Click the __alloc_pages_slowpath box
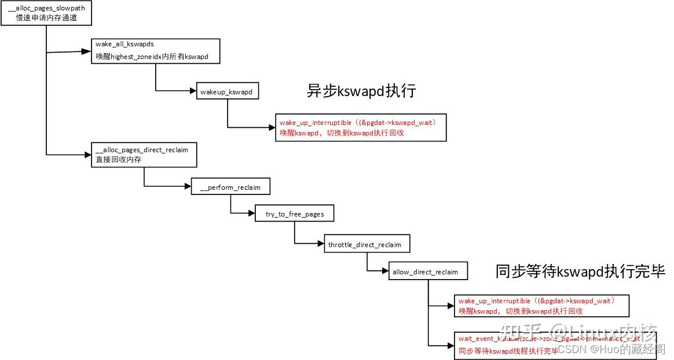(x=46, y=13)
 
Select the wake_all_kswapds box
(x=156, y=51)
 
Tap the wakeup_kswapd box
(x=226, y=92)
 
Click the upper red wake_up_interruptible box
(x=361, y=127)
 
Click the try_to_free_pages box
(x=295, y=214)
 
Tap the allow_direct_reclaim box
(x=428, y=271)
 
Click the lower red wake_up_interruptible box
(x=541, y=306)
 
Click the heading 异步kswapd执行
(x=362, y=91)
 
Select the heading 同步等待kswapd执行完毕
(x=580, y=271)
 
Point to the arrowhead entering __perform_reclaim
(x=188, y=187)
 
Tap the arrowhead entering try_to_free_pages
(x=252, y=214)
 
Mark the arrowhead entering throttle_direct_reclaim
(x=320, y=244)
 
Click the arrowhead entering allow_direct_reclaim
(x=384, y=271)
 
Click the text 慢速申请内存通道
(x=46, y=18)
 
